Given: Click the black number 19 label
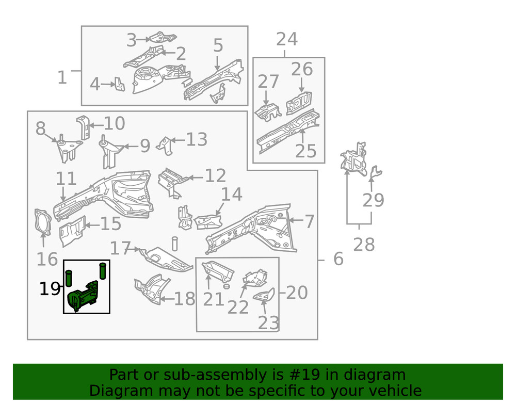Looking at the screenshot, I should point(50,289).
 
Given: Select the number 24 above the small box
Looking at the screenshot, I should point(287,39).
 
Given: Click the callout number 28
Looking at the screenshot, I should point(363,245).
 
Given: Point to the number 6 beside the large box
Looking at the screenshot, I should point(338,259).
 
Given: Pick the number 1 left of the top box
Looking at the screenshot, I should point(62,78).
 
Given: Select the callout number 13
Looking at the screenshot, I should point(196,140).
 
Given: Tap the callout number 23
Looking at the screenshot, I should point(269,324).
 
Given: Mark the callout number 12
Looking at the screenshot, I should point(215,176).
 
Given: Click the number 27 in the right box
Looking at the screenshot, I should point(268,82).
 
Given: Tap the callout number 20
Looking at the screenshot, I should point(297,293).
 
